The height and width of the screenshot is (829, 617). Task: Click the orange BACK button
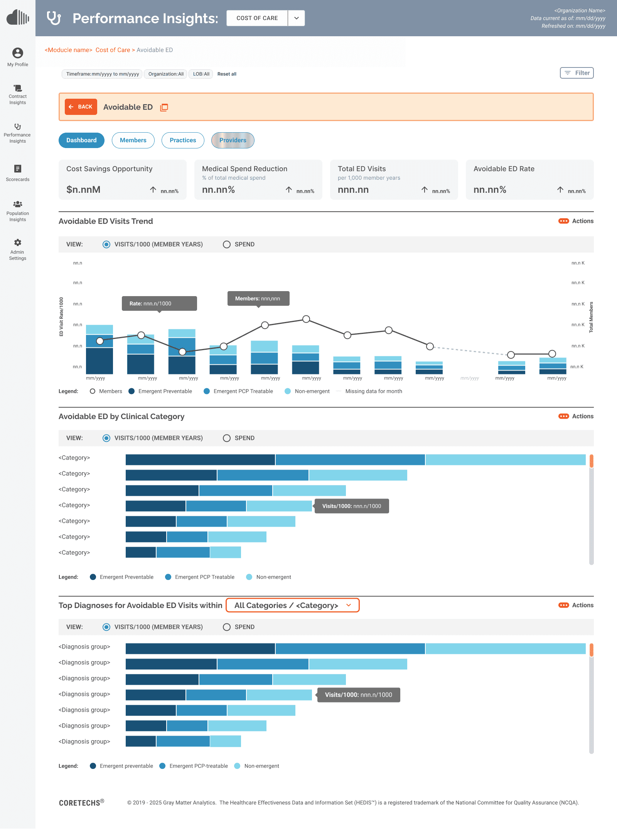(x=81, y=107)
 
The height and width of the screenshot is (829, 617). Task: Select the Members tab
(x=133, y=140)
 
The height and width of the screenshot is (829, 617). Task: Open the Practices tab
(x=183, y=140)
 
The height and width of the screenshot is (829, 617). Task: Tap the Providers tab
(x=233, y=140)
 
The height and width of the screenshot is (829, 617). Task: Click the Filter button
(x=577, y=73)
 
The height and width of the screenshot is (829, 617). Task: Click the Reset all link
(x=227, y=74)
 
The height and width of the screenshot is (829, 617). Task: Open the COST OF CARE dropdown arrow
(x=296, y=18)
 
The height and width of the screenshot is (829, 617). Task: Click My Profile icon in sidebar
(x=18, y=53)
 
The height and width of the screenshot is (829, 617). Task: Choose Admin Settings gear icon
(x=18, y=243)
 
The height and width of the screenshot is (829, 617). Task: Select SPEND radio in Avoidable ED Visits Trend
(x=227, y=244)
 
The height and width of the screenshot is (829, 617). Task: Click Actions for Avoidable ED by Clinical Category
(x=576, y=416)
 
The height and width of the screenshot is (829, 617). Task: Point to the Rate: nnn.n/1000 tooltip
(x=159, y=303)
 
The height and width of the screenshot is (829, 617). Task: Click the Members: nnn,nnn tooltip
(x=258, y=298)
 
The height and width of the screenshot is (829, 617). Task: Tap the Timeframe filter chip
(x=102, y=74)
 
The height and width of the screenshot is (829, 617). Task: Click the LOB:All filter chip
(x=201, y=74)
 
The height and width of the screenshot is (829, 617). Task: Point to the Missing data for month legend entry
(x=373, y=391)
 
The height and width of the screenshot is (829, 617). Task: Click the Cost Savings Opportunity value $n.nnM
(x=83, y=190)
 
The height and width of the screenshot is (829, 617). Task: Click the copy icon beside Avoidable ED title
(x=164, y=108)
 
